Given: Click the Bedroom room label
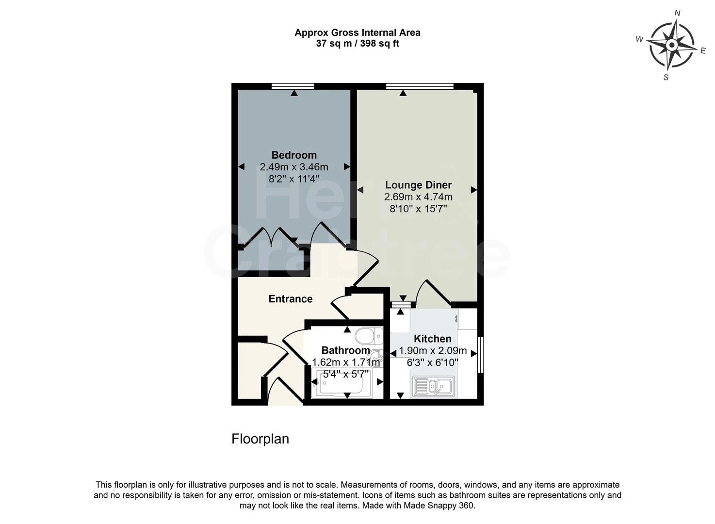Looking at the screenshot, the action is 294,155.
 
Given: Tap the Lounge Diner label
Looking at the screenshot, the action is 418,185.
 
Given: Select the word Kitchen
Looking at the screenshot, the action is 433,339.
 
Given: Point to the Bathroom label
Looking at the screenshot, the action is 346,350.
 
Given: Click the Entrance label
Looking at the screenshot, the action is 291,299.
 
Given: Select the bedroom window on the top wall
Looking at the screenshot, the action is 292,86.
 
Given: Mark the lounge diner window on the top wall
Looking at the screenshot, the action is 420,86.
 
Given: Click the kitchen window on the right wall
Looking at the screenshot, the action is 481,355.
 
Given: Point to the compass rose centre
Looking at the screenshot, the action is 672,45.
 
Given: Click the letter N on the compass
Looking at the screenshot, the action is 677,13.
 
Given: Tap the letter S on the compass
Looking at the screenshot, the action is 666,78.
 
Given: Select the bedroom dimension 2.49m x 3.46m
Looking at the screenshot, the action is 294,167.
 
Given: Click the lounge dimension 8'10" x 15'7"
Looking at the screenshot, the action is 418,209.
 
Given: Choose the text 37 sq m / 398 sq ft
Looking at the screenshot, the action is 357,44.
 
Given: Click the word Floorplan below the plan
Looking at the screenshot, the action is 260,439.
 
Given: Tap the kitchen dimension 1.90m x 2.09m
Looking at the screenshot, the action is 433,351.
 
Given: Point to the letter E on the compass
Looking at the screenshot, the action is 703,51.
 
